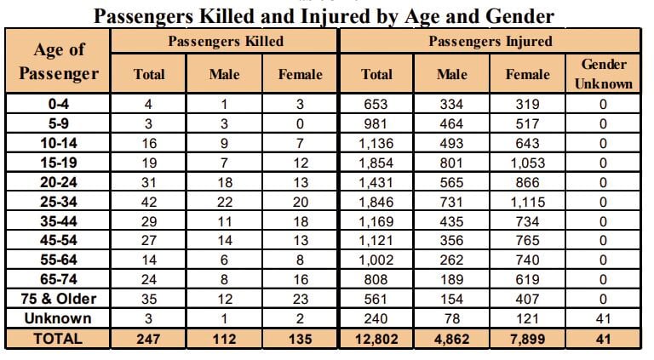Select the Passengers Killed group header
pyautogui.click(x=226, y=41)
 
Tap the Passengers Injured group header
pyautogui.click(x=490, y=41)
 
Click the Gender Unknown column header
pyautogui.click(x=603, y=74)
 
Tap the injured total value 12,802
pyautogui.click(x=376, y=338)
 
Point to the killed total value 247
pyautogui.click(x=149, y=338)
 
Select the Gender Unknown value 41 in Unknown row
pyautogui.click(x=603, y=318)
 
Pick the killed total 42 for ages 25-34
pyautogui.click(x=149, y=202)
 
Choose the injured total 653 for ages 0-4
pyautogui.click(x=376, y=104)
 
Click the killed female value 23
pyautogui.click(x=301, y=299)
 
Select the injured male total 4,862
pyautogui.click(x=452, y=338)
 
